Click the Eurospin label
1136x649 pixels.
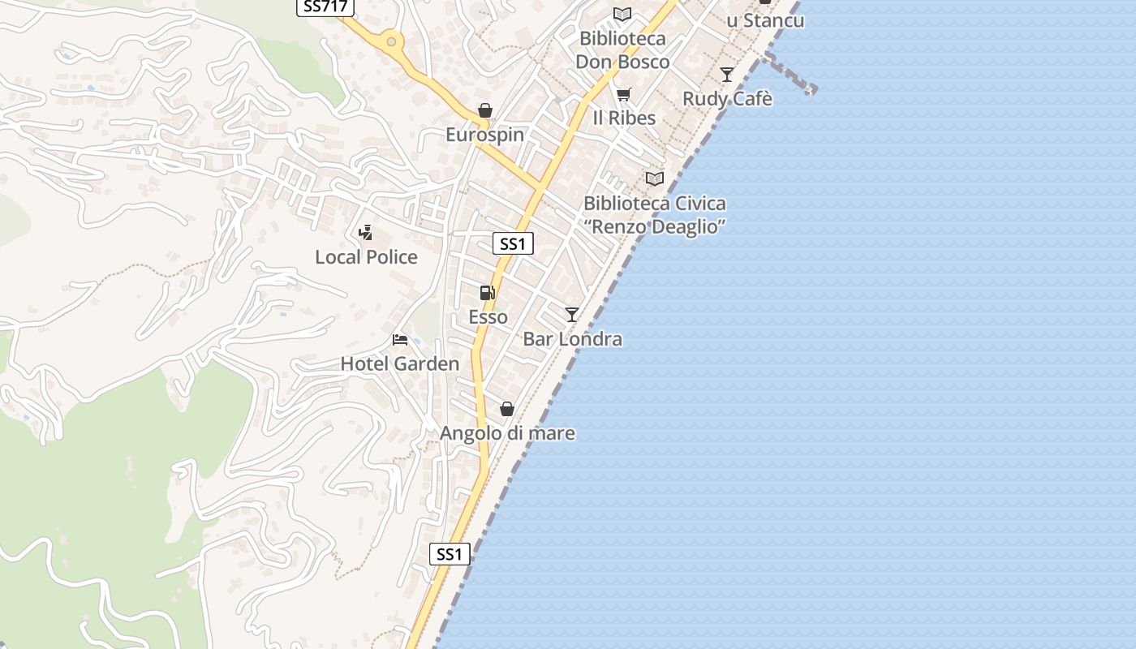pyautogui.click(x=484, y=135)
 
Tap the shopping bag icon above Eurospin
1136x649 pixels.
pyautogui.click(x=485, y=110)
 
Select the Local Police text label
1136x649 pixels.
pyautogui.click(x=366, y=257)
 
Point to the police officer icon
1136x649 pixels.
pyautogui.click(x=365, y=233)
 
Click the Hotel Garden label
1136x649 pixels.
pyautogui.click(x=399, y=364)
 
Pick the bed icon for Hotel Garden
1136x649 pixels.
pyautogui.click(x=400, y=339)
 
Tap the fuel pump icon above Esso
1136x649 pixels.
pyautogui.click(x=487, y=293)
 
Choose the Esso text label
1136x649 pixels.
pyautogui.click(x=488, y=317)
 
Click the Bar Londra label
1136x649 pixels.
pyautogui.click(x=572, y=339)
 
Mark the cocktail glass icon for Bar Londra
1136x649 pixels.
pyautogui.click(x=572, y=314)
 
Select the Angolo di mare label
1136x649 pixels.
pyautogui.click(x=507, y=434)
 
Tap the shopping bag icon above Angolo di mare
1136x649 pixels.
pyautogui.click(x=507, y=409)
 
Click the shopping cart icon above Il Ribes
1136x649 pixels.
pyautogui.click(x=623, y=94)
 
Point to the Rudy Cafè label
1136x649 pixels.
pyautogui.click(x=727, y=99)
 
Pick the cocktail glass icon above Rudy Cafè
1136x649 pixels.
pyautogui.click(x=727, y=75)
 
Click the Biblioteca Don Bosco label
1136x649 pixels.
pyautogui.click(x=622, y=50)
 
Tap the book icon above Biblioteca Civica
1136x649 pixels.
pyautogui.click(x=654, y=178)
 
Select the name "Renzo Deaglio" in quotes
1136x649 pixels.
pyautogui.click(x=654, y=227)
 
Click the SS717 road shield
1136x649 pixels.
pyautogui.click(x=325, y=6)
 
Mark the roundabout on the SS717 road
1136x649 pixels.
pyautogui.click(x=392, y=41)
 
